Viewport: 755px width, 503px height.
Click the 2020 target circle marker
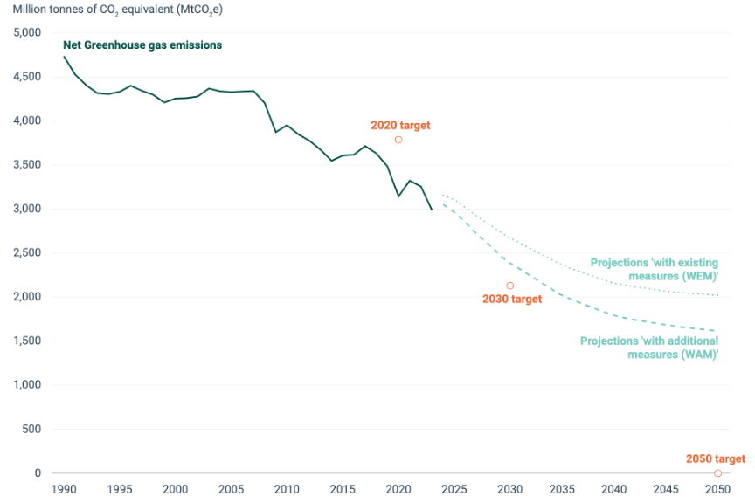pyautogui.click(x=398, y=140)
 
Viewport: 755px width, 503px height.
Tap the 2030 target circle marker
pyautogui.click(x=510, y=286)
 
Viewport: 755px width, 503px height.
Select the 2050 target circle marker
pyautogui.click(x=717, y=473)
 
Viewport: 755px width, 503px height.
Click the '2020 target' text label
pyautogui.click(x=400, y=126)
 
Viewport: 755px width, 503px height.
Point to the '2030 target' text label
pyautogui.click(x=512, y=300)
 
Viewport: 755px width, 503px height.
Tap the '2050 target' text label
pyautogui.click(x=715, y=458)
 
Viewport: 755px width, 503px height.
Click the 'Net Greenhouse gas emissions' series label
pyautogui.click(x=142, y=45)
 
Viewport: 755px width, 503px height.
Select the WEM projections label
pyautogui.click(x=654, y=269)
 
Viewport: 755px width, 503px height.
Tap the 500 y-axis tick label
pyautogui.click(x=31, y=429)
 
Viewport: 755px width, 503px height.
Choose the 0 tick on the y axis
pyautogui.click(x=38, y=473)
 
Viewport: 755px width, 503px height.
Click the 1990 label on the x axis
pyautogui.click(x=64, y=489)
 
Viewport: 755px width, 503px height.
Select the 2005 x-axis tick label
pyautogui.click(x=232, y=489)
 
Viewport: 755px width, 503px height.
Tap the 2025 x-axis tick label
pyautogui.click(x=454, y=489)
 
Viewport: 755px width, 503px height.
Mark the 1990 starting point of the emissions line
pyautogui.click(x=64, y=57)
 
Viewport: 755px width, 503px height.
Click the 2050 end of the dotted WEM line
pyautogui.click(x=718, y=295)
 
